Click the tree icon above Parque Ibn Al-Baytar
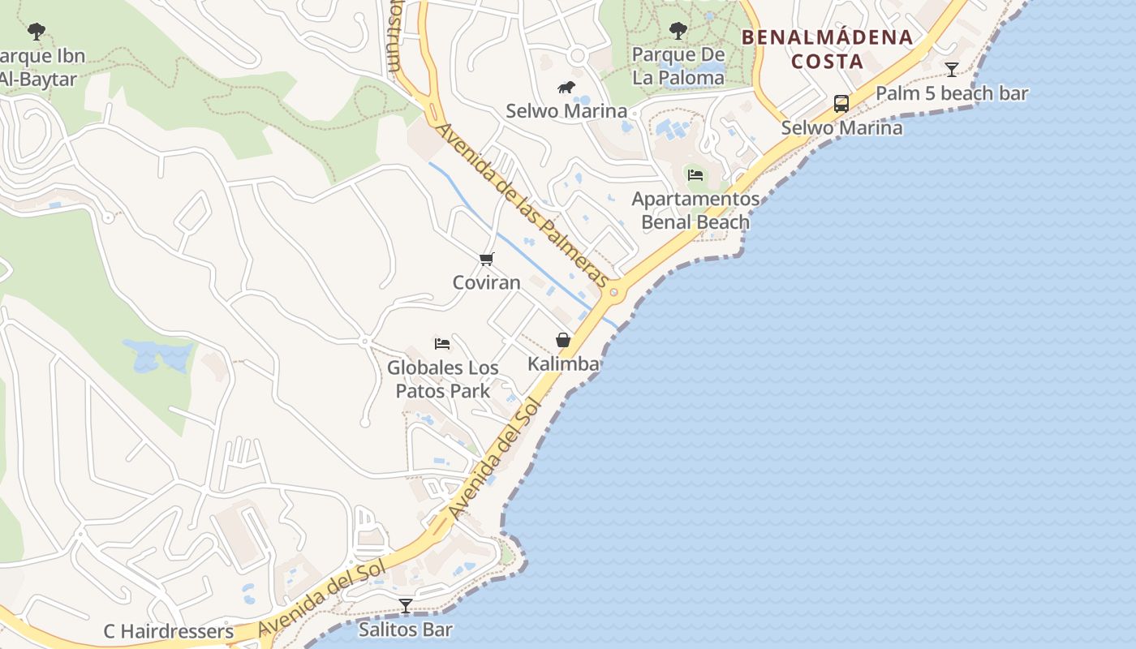pyautogui.click(x=36, y=32)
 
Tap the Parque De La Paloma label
pyautogui.click(x=678, y=67)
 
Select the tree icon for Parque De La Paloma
pyautogui.click(x=678, y=31)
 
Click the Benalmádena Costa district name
pyautogui.click(x=827, y=49)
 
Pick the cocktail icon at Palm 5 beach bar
pyautogui.click(x=952, y=69)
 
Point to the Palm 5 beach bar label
pyautogui.click(x=952, y=93)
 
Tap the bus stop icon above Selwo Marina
pyautogui.click(x=841, y=104)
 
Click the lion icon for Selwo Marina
pyautogui.click(x=566, y=87)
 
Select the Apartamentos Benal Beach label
pyautogui.click(x=695, y=210)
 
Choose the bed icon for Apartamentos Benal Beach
pyautogui.click(x=695, y=174)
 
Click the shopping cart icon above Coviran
pyautogui.click(x=486, y=259)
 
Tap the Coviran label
pyautogui.click(x=486, y=282)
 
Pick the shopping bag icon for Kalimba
pyautogui.click(x=563, y=340)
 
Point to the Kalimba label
pyautogui.click(x=563, y=363)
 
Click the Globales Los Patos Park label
pyautogui.click(x=443, y=379)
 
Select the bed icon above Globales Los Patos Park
pyautogui.click(x=442, y=343)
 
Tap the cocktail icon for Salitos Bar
pyautogui.click(x=406, y=605)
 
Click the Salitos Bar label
pyautogui.click(x=406, y=629)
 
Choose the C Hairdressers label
pyautogui.click(x=169, y=631)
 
